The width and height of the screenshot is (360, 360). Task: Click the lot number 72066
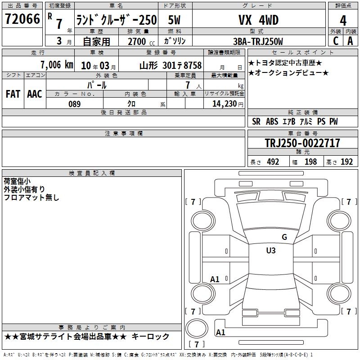pyautogui.click(x=22, y=19)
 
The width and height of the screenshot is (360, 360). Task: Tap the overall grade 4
pyautogui.click(x=343, y=21)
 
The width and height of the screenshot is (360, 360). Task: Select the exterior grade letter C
pyautogui.click(x=336, y=41)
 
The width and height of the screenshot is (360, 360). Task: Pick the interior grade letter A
pyautogui.click(x=350, y=41)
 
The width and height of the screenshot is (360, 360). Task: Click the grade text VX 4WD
pyautogui.click(x=258, y=20)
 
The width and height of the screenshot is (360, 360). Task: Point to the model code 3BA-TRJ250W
pyautogui.click(x=258, y=41)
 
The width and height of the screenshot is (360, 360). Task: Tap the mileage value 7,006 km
pyautogui.click(x=57, y=65)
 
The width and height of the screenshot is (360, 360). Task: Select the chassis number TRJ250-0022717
pyautogui.click(x=302, y=143)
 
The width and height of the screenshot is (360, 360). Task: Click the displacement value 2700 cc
pyautogui.click(x=141, y=41)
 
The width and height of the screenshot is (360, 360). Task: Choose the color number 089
pyautogui.click(x=75, y=104)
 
